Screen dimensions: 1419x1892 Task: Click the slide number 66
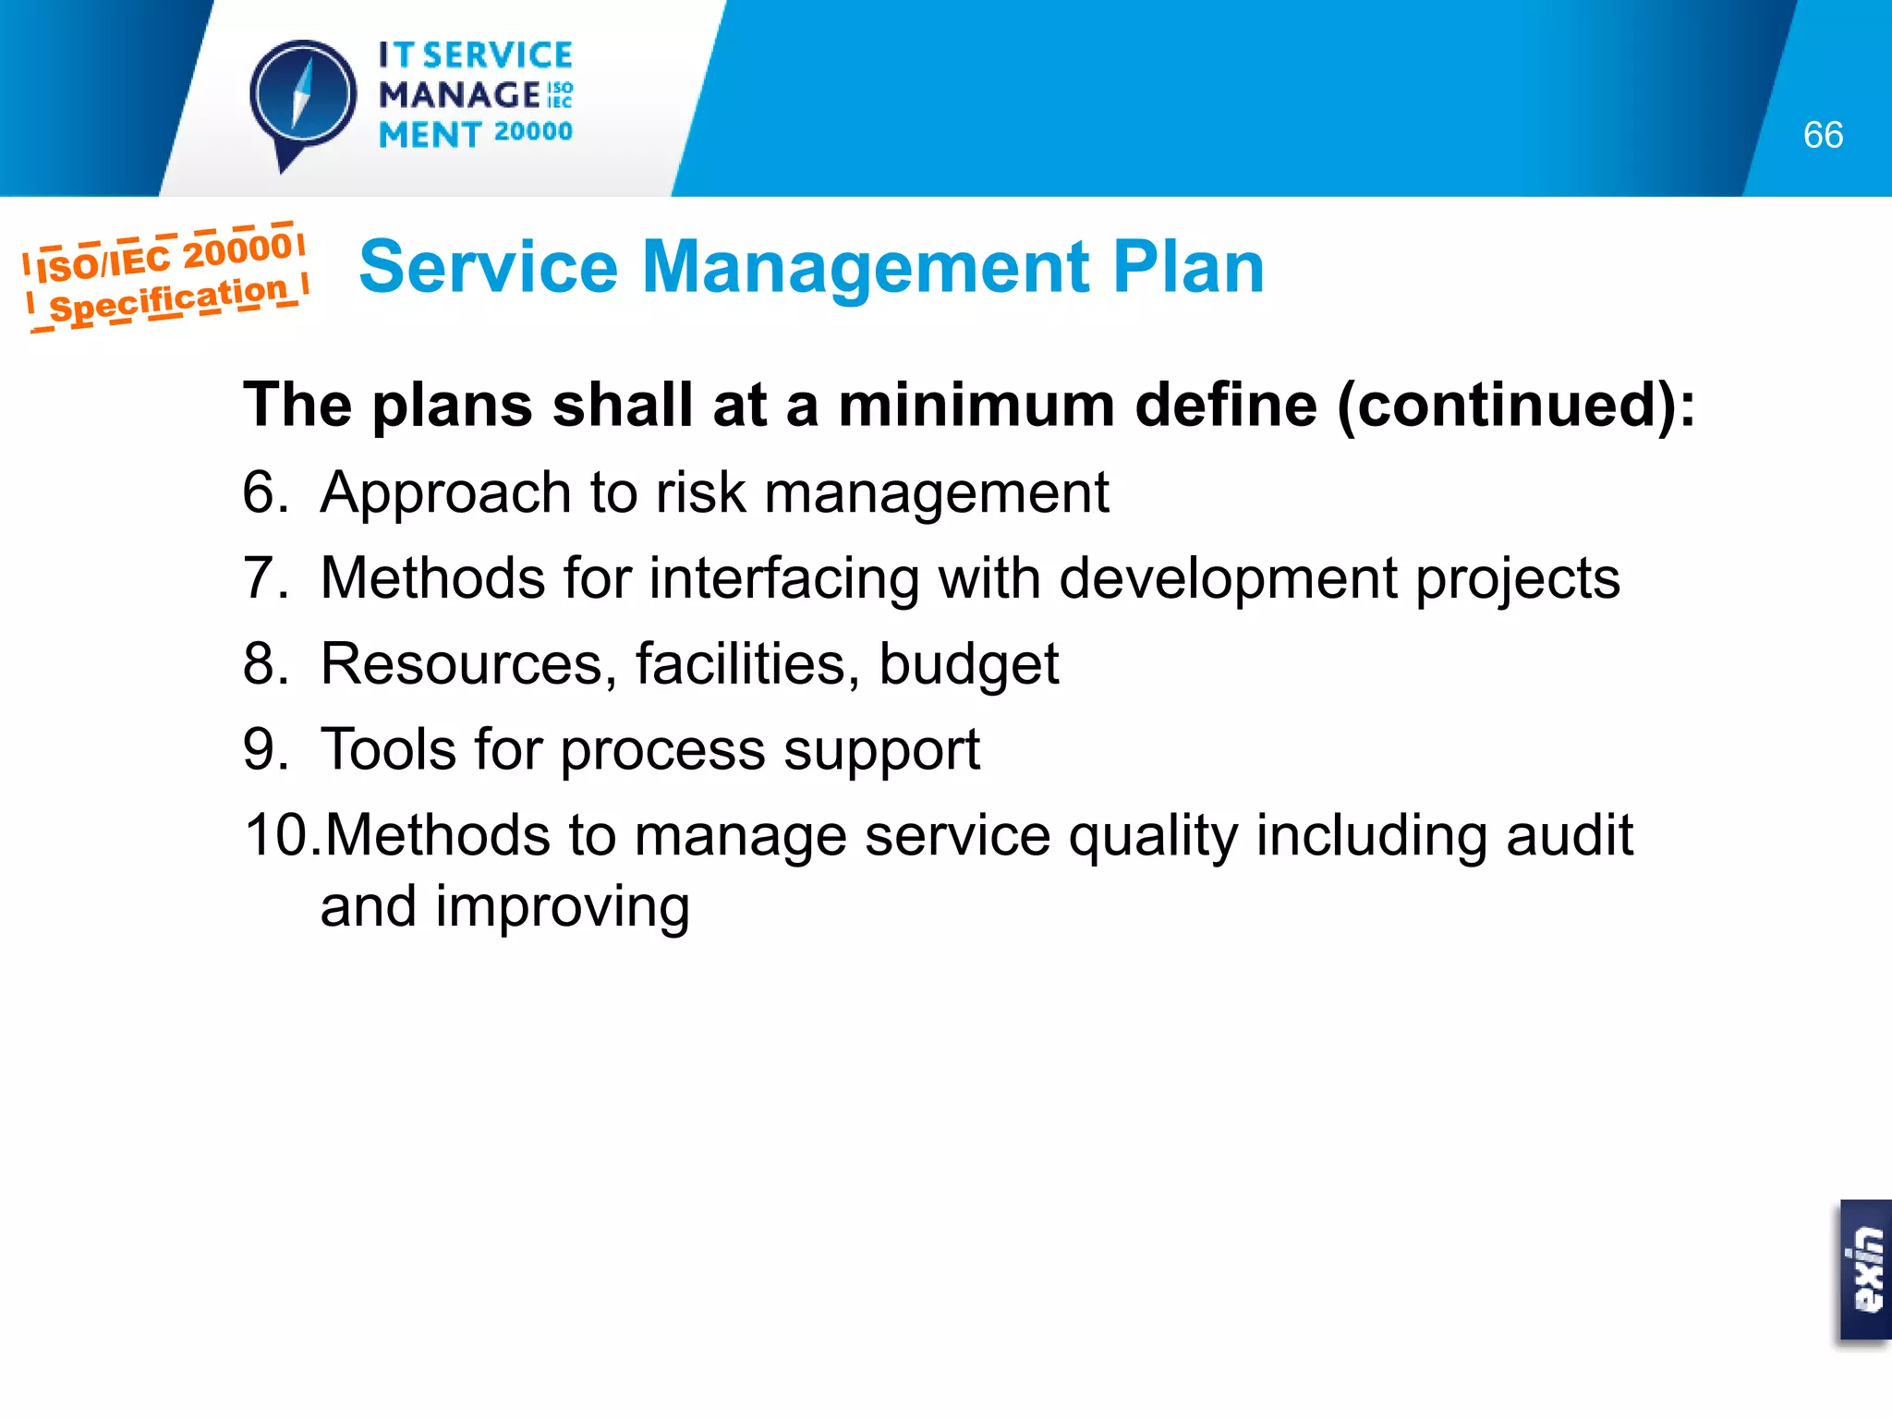point(1822,136)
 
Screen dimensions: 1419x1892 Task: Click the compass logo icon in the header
point(303,96)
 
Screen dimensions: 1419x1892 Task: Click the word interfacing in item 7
point(784,578)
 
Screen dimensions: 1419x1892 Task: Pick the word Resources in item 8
point(461,663)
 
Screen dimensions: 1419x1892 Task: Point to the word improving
point(563,908)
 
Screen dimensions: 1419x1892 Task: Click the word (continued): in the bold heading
point(1516,406)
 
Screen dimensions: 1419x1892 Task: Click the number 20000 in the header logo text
point(533,132)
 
